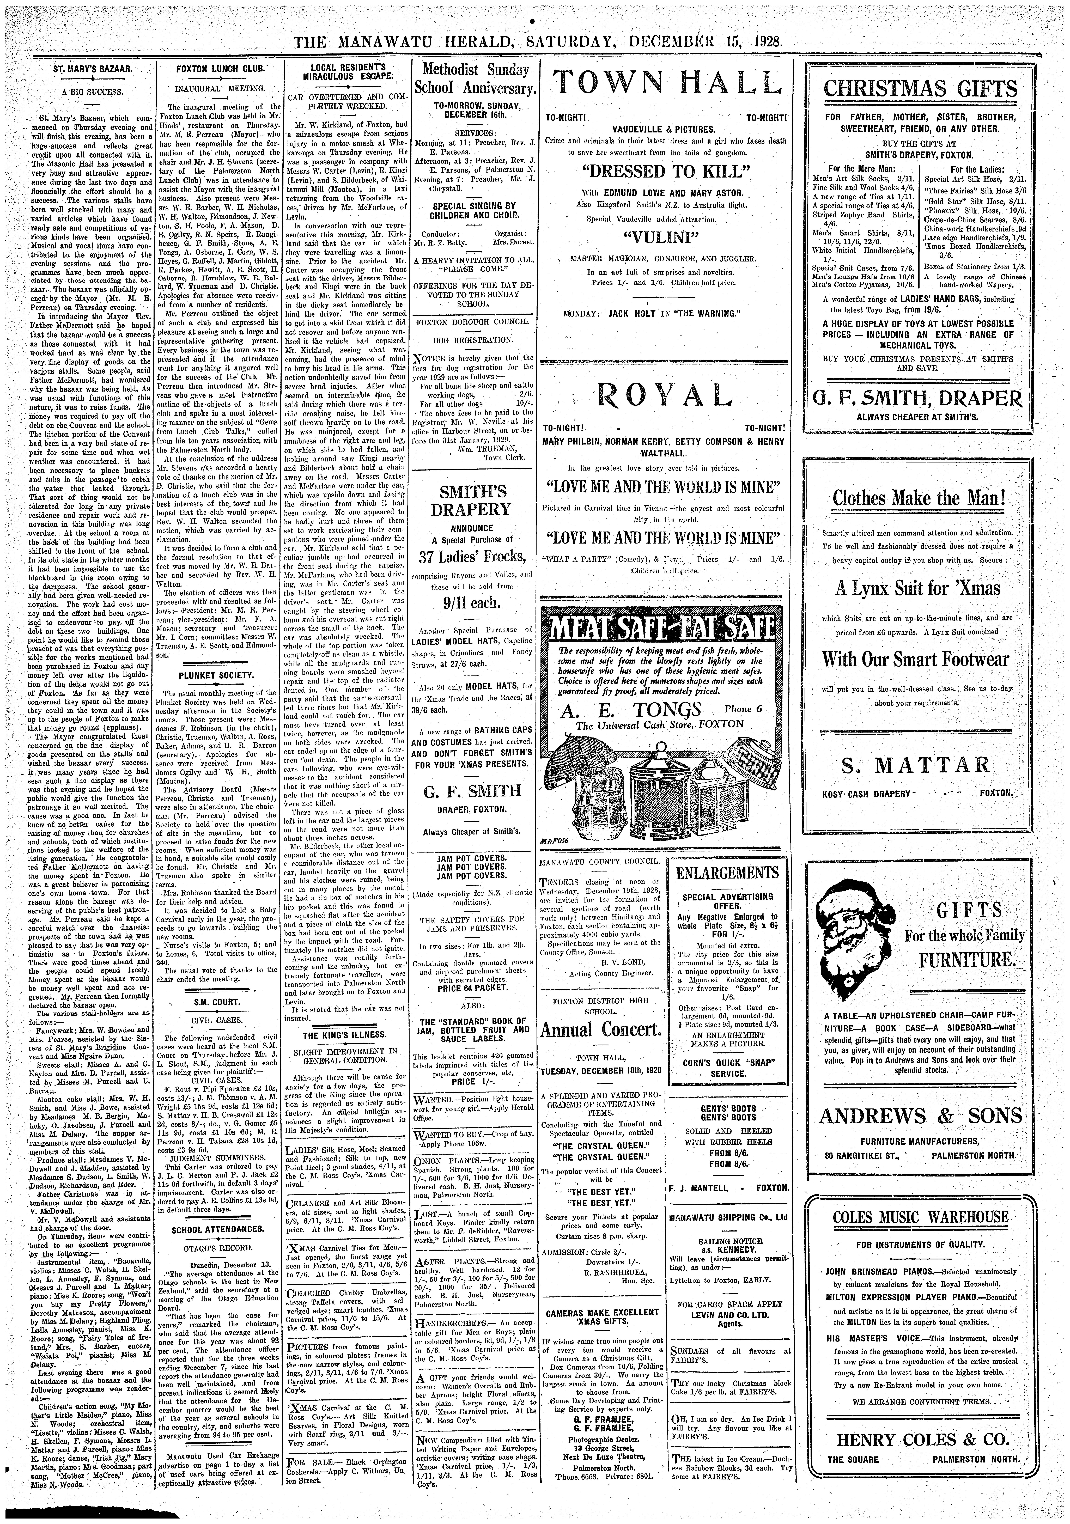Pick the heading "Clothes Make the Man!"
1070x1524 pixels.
[919, 498]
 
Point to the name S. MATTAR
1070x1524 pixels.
[919, 765]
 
